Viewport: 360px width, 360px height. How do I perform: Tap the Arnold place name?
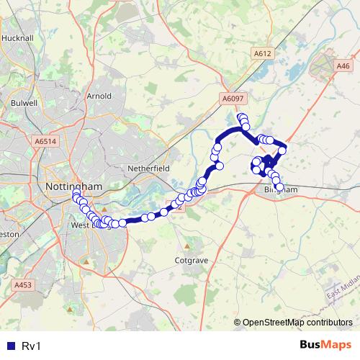point(99,96)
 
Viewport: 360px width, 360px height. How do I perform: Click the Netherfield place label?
point(148,167)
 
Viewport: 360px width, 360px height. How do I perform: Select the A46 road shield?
point(343,66)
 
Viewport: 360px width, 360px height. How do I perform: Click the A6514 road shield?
point(45,142)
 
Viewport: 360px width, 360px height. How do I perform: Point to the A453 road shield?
point(23,285)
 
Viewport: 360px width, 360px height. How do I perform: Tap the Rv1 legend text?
point(31,346)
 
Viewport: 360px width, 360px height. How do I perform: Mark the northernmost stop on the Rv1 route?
point(241,116)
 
